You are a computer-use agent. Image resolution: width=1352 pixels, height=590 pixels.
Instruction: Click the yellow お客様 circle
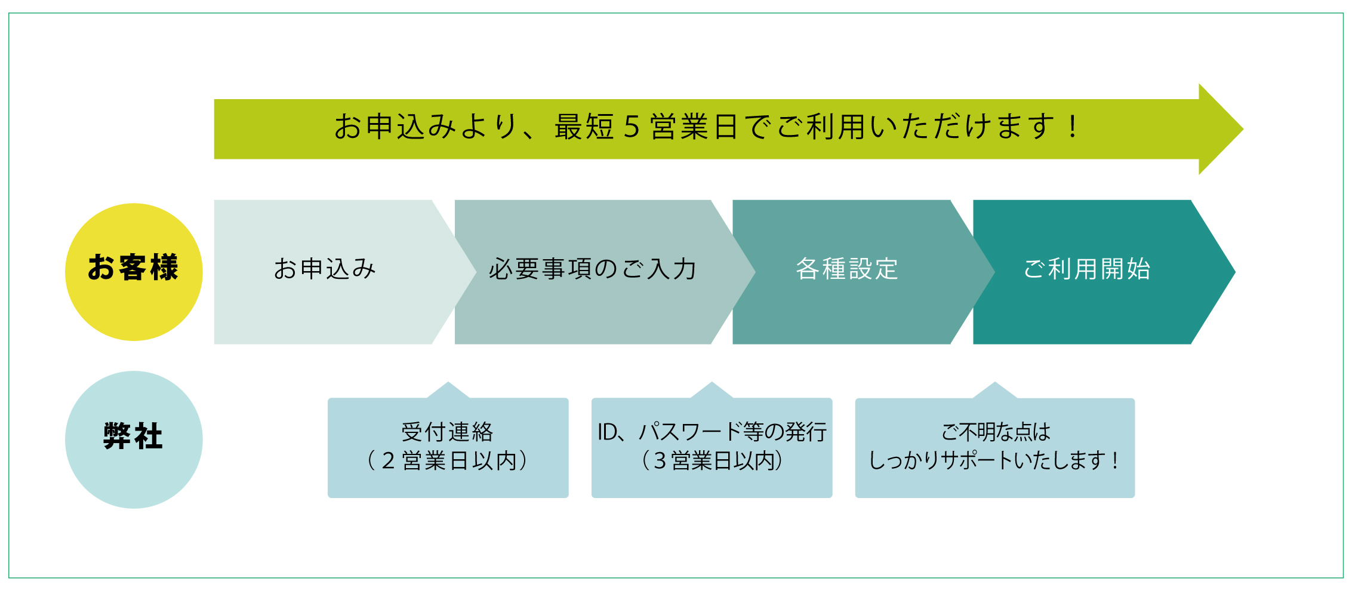tap(134, 272)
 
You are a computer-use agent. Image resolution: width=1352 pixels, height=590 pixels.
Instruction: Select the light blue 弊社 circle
tap(134, 440)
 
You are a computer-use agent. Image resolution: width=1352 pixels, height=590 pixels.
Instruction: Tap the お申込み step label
tap(325, 269)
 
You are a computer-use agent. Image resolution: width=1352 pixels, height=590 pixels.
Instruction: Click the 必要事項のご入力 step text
tap(593, 269)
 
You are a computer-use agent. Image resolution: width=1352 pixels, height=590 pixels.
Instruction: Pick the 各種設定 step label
tap(847, 269)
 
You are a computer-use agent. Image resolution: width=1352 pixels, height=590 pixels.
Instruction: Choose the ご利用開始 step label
tap(1087, 269)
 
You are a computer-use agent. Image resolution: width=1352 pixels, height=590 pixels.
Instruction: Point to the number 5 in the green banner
tap(632, 127)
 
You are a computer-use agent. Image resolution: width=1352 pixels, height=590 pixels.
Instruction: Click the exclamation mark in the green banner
tap(1073, 126)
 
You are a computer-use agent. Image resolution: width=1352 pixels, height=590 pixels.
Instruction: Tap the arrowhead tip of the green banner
tap(1243, 129)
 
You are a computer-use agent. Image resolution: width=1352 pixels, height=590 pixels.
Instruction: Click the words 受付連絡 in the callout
tap(448, 431)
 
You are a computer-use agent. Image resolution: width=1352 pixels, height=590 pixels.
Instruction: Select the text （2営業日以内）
tap(448, 460)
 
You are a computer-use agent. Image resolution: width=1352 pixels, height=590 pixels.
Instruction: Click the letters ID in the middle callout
tap(608, 432)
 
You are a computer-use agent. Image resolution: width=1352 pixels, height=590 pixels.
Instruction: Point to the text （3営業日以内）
tap(712, 460)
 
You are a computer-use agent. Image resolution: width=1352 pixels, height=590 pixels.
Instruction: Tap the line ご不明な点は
tap(996, 431)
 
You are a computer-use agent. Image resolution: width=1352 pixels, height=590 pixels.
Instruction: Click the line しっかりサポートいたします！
tap(994, 460)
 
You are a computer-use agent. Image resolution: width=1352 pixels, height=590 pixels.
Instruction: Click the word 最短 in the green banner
tap(584, 127)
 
